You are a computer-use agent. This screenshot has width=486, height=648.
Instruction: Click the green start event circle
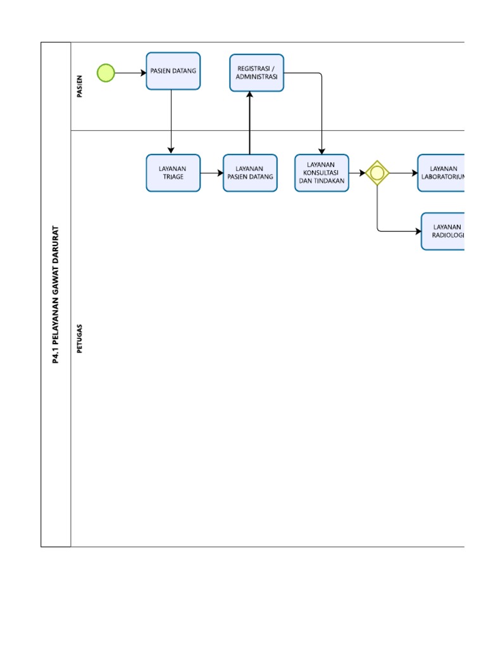106,73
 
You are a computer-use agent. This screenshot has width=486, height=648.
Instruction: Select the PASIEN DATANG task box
173,71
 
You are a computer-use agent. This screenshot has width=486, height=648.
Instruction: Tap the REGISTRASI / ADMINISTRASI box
256,73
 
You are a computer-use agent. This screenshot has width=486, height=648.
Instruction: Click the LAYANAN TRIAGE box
173,173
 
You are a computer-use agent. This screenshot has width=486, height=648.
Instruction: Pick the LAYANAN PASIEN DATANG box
250,173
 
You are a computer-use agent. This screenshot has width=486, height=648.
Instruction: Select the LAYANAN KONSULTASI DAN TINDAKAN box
321,173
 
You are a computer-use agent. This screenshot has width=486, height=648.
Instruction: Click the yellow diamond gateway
377,173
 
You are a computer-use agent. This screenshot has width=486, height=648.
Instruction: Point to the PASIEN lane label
80,87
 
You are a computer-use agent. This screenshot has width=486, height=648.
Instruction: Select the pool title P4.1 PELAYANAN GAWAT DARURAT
56,294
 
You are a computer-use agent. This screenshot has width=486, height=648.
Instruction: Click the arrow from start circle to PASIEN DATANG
130,73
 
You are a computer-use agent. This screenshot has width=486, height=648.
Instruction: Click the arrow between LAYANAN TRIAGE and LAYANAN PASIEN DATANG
211,173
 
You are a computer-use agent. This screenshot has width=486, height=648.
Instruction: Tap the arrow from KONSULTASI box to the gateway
357,173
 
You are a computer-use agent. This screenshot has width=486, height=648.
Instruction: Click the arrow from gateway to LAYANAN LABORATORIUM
403,173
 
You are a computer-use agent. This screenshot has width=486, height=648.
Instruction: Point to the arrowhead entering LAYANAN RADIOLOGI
418,231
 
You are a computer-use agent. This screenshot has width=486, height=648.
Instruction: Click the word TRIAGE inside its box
173,177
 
